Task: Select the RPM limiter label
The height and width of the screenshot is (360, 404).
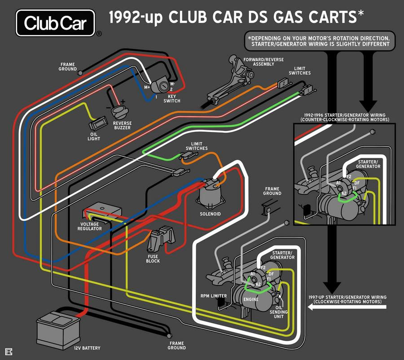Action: pos(213,296)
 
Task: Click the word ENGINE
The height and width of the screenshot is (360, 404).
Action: pos(250,299)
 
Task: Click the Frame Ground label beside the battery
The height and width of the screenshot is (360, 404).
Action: pos(177,346)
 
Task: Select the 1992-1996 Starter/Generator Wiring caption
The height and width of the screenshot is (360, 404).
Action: pos(345,118)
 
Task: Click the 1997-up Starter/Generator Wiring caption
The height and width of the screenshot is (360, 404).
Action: pos(347,299)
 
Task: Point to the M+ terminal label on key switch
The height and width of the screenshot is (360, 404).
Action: pos(147,87)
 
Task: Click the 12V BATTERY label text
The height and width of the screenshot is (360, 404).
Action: pos(87,348)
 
